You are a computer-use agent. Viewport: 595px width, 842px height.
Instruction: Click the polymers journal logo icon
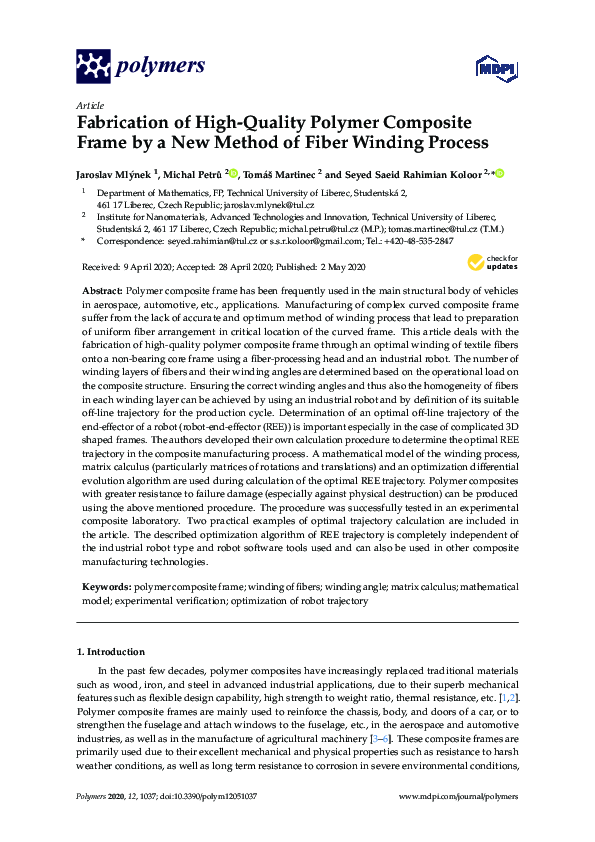pos(93,66)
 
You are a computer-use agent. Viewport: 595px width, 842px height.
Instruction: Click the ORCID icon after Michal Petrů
pos(233,173)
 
